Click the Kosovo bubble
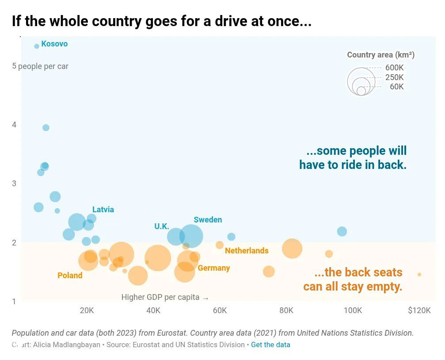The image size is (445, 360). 37,46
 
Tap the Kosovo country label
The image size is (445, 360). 54,44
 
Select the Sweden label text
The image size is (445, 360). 208,220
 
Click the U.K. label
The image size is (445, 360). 162,226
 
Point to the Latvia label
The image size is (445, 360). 103,210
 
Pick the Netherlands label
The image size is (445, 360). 247,251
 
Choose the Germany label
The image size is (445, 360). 214,268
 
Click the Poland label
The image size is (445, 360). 70,276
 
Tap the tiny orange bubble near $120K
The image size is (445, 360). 419,275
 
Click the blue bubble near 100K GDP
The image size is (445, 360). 342,231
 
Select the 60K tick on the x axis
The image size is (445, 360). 220,310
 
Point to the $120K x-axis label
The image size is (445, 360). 419,310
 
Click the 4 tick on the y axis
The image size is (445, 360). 14,125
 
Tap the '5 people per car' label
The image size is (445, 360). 40,66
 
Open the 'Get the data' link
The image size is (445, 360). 270,345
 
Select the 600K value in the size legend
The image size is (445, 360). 394,68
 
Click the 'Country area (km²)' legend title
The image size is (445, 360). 380,55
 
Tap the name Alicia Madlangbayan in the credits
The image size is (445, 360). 67,345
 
